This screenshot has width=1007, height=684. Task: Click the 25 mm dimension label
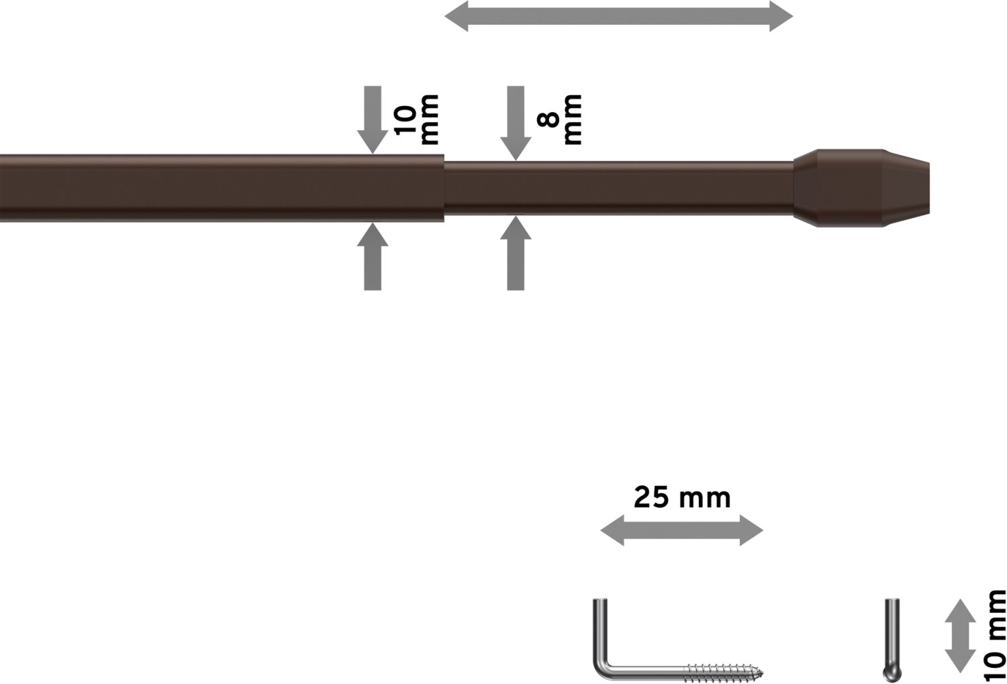click(682, 498)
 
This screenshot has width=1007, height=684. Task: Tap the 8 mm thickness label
click(560, 119)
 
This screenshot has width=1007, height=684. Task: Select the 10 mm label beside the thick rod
click(416, 119)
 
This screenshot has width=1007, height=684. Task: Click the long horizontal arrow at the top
click(618, 16)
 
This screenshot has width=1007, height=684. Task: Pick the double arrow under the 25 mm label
click(682, 531)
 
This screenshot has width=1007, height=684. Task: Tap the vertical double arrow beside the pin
click(960, 636)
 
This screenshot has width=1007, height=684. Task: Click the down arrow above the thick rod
click(373, 119)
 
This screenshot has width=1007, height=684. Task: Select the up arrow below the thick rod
click(373, 256)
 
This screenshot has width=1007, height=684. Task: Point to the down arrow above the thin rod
click(516, 123)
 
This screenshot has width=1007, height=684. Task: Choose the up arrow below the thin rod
click(516, 253)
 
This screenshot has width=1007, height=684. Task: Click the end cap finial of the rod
click(861, 188)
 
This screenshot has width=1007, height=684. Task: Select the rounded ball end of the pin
click(892, 673)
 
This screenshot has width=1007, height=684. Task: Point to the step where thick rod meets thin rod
click(444, 188)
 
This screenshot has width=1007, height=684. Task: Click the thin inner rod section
click(618, 188)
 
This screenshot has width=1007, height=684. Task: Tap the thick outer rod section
click(222, 188)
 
